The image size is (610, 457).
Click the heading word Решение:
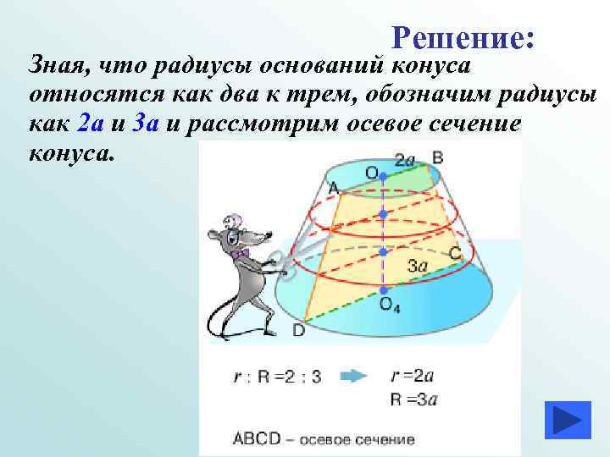[x=463, y=37]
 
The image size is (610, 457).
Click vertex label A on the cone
[x=333, y=186]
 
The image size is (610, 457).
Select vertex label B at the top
[x=438, y=157]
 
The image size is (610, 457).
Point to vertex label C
[x=454, y=251]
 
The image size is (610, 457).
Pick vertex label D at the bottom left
[x=299, y=331]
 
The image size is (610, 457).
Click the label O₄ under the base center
[x=390, y=306]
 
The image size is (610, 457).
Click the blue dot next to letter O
[x=384, y=176]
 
